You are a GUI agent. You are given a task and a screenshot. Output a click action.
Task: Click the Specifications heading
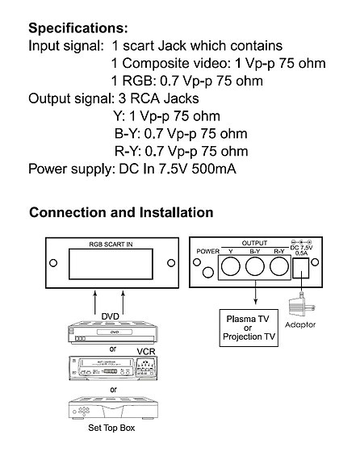click(x=78, y=29)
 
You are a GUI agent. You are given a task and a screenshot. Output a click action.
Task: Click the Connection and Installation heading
click(x=121, y=212)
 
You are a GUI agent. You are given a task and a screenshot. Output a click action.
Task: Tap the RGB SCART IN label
click(x=111, y=245)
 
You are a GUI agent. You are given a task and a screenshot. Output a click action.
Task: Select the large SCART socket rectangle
click(x=111, y=264)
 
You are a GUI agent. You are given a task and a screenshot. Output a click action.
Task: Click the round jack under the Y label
click(x=231, y=266)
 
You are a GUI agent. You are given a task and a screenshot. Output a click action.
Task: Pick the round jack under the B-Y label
click(x=255, y=266)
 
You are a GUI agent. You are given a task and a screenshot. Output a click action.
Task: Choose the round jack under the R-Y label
click(x=279, y=266)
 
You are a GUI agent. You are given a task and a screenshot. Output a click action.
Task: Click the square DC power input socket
click(x=301, y=268)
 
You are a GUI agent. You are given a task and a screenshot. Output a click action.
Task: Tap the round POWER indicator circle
click(x=208, y=272)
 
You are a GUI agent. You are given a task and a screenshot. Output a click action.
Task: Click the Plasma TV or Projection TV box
click(x=249, y=328)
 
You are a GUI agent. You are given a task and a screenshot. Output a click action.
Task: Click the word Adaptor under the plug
click(x=300, y=325)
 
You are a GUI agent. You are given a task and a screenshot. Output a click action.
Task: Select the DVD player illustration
click(x=113, y=332)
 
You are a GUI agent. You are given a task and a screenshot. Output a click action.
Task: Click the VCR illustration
click(x=113, y=368)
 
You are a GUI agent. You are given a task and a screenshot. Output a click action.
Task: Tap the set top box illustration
click(x=113, y=408)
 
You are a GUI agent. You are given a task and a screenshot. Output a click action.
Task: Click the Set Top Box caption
click(x=111, y=428)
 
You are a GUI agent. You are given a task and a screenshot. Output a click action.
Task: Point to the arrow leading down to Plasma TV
click(x=255, y=292)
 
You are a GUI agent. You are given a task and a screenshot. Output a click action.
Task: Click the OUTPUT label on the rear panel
click(x=254, y=243)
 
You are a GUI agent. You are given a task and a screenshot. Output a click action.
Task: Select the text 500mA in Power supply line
click(x=214, y=169)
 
